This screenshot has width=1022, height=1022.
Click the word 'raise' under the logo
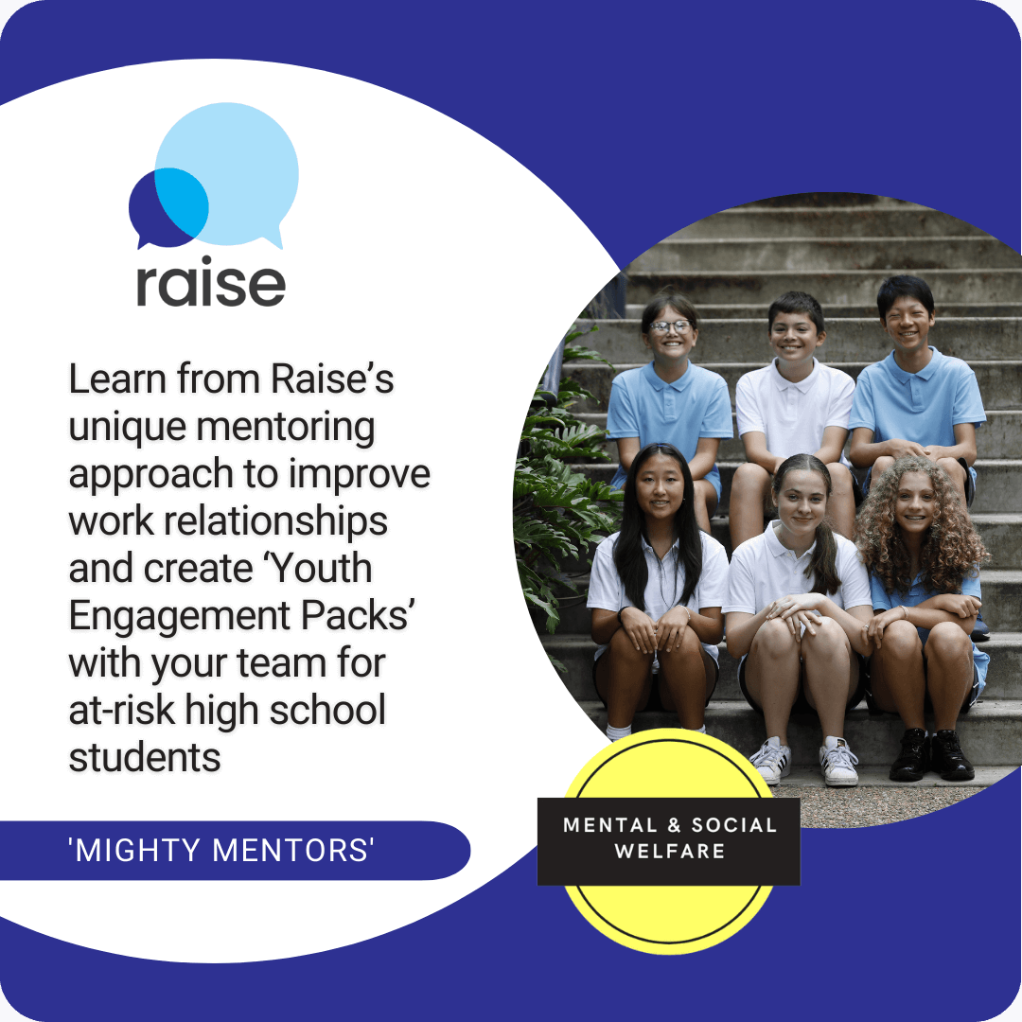(210, 283)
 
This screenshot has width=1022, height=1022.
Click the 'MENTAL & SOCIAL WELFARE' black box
(669, 839)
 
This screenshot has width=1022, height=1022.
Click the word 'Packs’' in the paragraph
(366, 617)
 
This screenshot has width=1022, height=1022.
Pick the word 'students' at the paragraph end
(144, 758)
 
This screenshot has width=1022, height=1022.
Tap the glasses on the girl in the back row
(670, 326)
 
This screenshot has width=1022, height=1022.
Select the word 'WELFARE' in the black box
(669, 852)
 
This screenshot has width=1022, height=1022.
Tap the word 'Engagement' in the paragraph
(211, 617)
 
